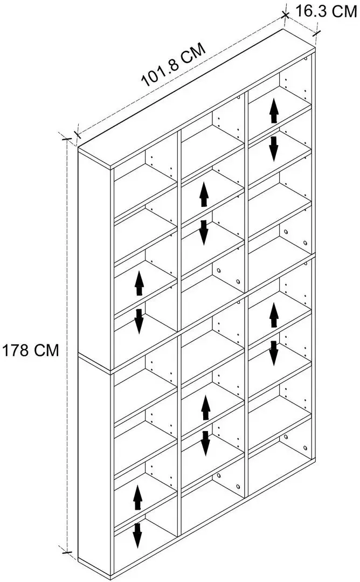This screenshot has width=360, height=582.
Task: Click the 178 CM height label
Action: click(30, 350)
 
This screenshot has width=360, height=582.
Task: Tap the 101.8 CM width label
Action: click(173, 65)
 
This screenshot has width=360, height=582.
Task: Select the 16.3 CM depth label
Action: click(326, 11)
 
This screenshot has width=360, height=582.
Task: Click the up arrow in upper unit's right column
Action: click(274, 110)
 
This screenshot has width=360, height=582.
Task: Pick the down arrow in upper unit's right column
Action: click(274, 149)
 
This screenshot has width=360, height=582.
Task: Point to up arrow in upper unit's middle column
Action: click(204, 195)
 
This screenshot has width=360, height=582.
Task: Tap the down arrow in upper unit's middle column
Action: click(203, 232)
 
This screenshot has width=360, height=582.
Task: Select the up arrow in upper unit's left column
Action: click(139, 283)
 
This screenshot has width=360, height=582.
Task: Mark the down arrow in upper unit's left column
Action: click(139, 321)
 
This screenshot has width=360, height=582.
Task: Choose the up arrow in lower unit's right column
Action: click(274, 315)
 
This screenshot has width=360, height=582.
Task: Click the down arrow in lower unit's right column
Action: click(274, 354)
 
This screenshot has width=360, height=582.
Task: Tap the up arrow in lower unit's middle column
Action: click(206, 407)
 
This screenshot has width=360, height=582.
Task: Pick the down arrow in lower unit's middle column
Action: click(206, 443)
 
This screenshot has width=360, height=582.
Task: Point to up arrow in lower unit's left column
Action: click(137, 497)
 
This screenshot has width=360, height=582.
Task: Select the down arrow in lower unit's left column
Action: click(137, 536)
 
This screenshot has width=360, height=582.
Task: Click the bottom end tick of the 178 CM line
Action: click(67, 553)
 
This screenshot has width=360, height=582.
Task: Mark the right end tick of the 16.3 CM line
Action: click(316, 33)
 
